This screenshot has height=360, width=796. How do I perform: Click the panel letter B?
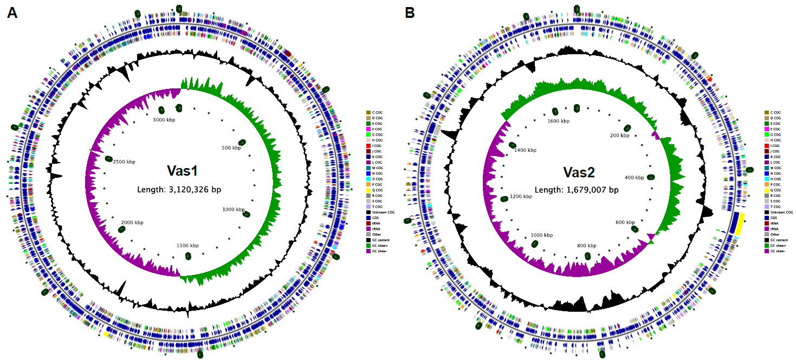pyautogui.click(x=410, y=13)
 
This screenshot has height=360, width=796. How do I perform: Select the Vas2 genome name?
pyautogui.click(x=579, y=172)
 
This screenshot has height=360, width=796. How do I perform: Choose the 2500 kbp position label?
pyautogui.click(x=124, y=162)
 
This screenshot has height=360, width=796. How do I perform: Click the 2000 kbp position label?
pyautogui.click(x=132, y=222)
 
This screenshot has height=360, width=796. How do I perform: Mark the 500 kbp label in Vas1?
pyautogui.click(x=234, y=147)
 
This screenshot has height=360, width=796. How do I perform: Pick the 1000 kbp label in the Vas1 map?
pyautogui.click(x=235, y=209)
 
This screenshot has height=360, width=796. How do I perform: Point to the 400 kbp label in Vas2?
pyautogui.click(x=634, y=177)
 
